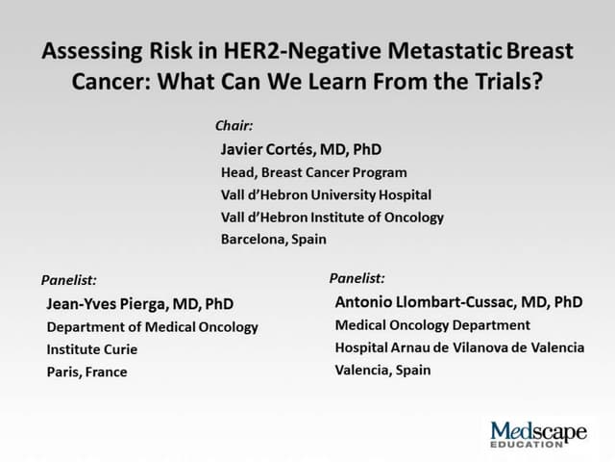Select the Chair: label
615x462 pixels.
(234, 125)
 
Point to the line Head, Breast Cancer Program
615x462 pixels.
(313, 172)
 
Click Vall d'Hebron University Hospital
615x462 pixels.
(326, 194)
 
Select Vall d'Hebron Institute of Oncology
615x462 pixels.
(332, 217)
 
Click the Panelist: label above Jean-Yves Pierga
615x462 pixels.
(68, 280)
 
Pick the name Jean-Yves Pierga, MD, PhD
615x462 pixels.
(140, 303)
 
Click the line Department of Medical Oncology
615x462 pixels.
(152, 326)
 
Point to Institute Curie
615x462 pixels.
(91, 349)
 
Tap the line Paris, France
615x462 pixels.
(86, 372)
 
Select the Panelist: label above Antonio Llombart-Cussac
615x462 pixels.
(357, 278)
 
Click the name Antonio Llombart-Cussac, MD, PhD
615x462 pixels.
(458, 301)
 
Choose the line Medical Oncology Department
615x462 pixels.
(432, 324)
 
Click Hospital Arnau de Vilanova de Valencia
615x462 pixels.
(459, 347)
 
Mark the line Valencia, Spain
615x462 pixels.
(382, 370)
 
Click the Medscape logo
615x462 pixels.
(538, 434)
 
